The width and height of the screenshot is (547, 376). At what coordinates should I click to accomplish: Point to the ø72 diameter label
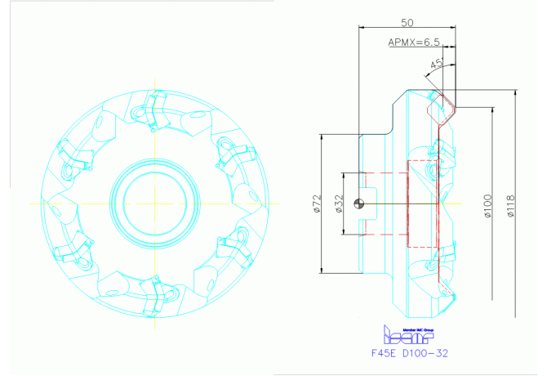coord(316,204)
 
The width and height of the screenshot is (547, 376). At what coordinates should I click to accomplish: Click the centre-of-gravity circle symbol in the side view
coord(361,204)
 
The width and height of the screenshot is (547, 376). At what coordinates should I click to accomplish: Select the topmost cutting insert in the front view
coord(154,106)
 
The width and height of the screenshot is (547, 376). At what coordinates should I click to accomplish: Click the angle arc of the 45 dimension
coord(432,75)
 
